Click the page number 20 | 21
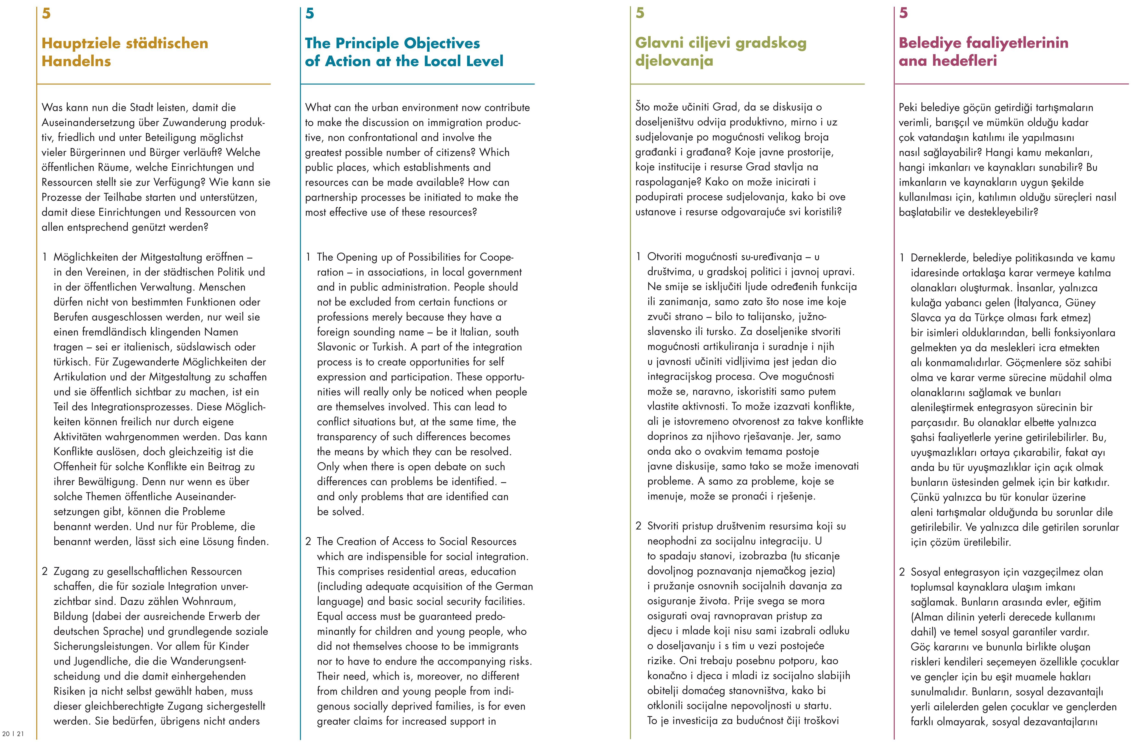coord(13,733)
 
